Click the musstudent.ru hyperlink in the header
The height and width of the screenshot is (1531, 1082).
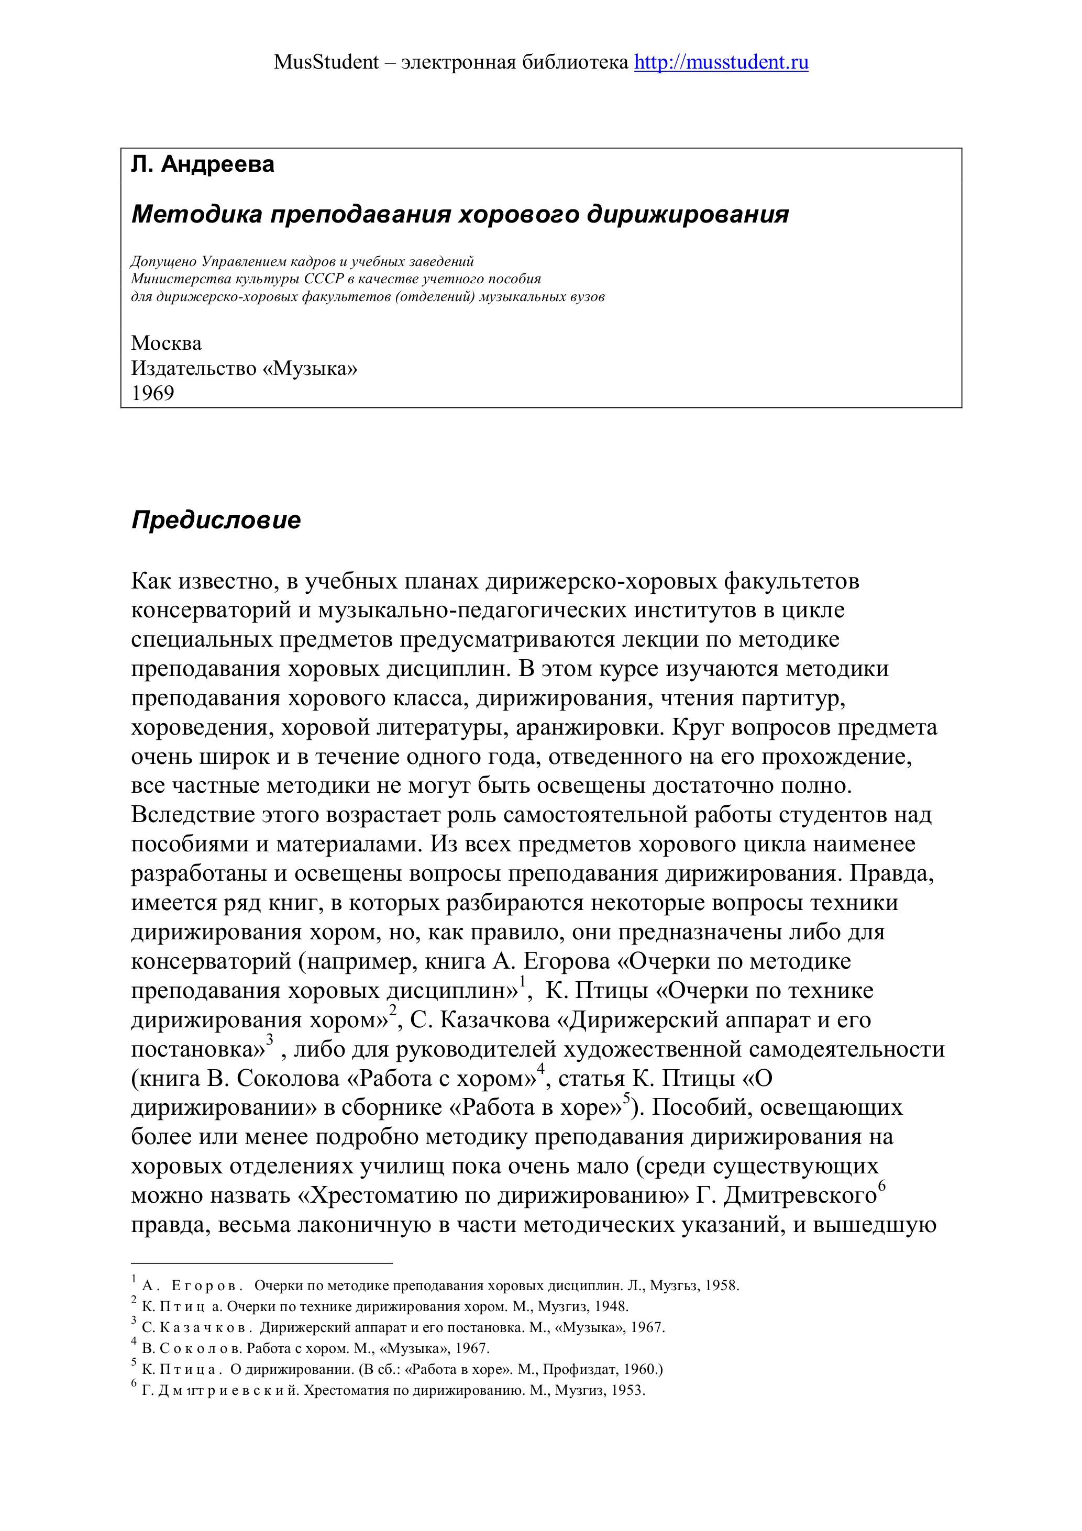click(x=721, y=63)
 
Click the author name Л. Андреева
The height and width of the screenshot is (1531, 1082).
click(x=203, y=164)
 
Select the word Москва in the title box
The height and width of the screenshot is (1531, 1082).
click(x=166, y=343)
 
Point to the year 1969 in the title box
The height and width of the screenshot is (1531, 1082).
click(x=153, y=393)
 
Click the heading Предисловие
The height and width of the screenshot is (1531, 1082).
click(x=216, y=520)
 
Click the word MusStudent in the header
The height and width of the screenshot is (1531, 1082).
click(x=326, y=63)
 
